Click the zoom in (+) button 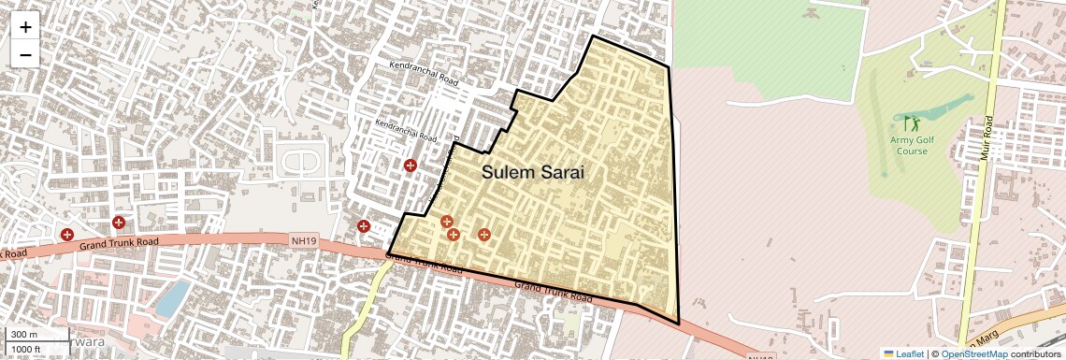coord(25,26)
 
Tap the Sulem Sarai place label coord(533,172)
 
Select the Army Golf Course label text coord(909,145)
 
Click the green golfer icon coord(911,122)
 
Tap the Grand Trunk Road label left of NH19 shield coord(119,243)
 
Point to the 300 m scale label coord(24,334)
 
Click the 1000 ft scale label coord(28,348)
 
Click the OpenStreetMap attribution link coord(973,353)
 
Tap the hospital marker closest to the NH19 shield coord(364,226)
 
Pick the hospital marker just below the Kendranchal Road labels coord(410,166)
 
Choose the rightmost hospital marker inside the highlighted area coord(483,235)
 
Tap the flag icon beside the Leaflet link coord(889,353)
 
